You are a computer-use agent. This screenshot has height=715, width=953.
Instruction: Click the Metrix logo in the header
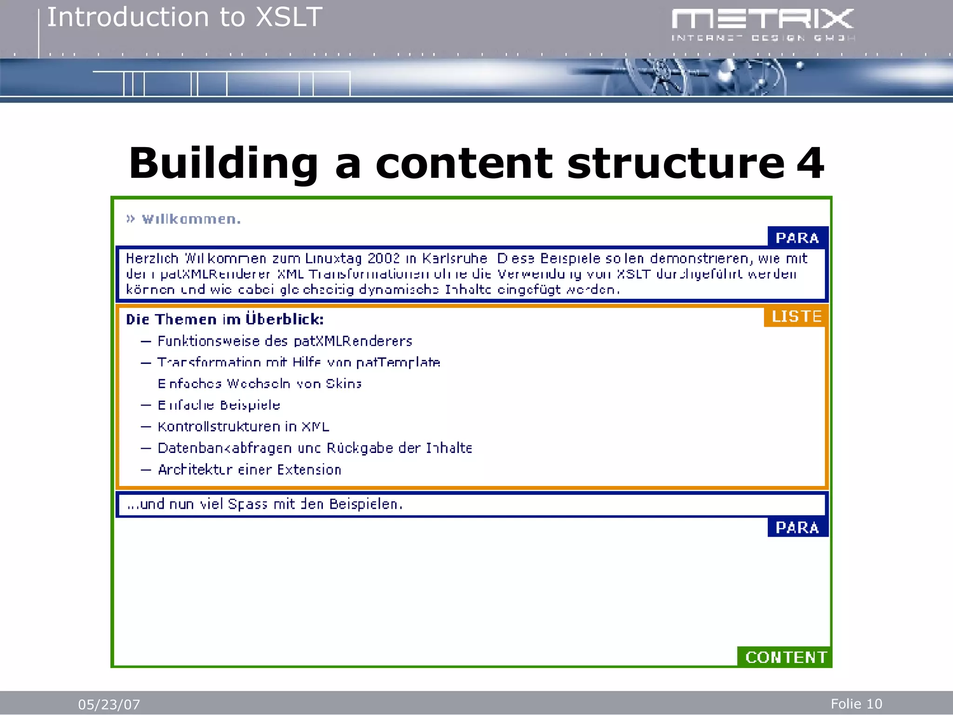point(763,24)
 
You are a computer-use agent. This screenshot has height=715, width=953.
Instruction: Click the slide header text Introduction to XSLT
point(185,18)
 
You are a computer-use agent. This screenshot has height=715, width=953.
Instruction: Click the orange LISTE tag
point(796,317)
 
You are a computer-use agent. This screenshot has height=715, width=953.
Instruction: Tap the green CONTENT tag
point(786,657)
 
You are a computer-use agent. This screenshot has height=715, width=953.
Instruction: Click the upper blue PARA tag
point(797,238)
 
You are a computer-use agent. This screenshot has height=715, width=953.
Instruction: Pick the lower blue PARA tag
point(797,527)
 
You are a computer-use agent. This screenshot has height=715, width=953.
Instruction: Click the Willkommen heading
point(191,219)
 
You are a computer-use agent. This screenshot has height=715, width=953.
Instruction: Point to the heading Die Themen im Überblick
point(225,319)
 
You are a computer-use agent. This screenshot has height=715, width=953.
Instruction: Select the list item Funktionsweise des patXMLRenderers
point(285,341)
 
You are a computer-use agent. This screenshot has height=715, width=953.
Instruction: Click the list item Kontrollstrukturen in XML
point(243,426)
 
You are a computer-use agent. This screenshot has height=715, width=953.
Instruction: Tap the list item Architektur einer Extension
point(249,469)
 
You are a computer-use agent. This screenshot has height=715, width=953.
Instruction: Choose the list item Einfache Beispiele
point(219,405)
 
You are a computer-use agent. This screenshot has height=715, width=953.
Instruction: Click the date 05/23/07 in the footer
point(109,704)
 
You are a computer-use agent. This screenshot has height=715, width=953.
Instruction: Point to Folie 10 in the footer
point(856,703)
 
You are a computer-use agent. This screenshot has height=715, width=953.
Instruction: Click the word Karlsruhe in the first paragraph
point(454,258)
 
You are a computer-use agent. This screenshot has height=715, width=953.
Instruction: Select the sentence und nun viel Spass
point(264,504)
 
